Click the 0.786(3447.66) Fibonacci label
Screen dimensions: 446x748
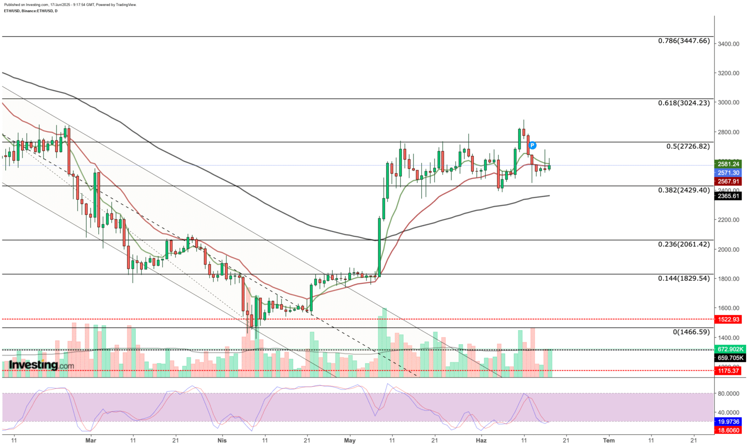click(684, 41)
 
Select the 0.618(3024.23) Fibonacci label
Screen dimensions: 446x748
click(684, 103)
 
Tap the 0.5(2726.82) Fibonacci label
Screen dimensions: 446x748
click(688, 146)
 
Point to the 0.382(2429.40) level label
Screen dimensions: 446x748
click(684, 190)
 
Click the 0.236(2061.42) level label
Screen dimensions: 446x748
click(684, 244)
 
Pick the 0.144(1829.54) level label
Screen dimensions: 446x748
click(684, 278)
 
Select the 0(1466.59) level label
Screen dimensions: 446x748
click(691, 332)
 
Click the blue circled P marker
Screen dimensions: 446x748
click(532, 145)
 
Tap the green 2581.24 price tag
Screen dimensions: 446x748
click(728, 164)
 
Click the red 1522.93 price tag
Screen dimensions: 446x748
click(728, 319)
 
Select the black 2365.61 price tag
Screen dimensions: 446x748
click(728, 196)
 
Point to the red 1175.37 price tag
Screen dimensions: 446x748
click(728, 371)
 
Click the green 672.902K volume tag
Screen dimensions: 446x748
click(730, 349)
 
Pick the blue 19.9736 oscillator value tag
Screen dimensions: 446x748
click(729, 422)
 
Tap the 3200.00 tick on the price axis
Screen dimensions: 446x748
click(728, 73)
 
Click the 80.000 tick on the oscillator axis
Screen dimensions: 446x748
click(728, 393)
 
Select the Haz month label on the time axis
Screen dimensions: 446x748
click(481, 440)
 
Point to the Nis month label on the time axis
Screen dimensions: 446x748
click(222, 440)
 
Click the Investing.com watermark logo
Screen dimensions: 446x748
click(41, 365)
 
